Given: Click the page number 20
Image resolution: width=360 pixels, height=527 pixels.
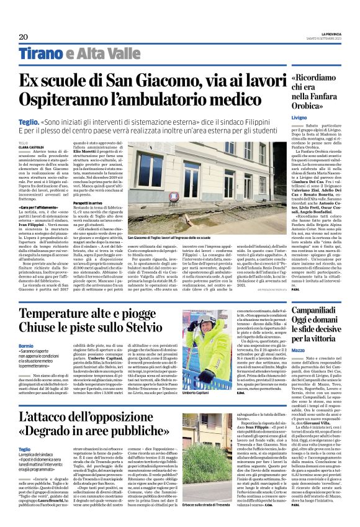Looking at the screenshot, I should point(24,37).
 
